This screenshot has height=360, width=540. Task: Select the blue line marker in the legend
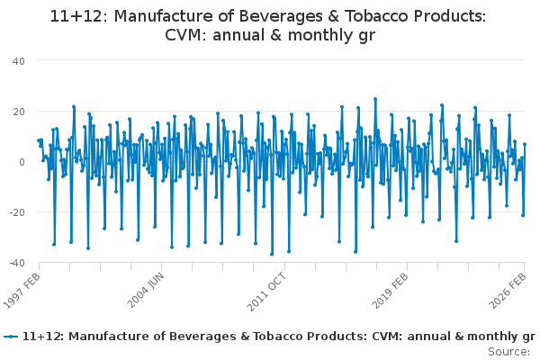[x=10, y=337]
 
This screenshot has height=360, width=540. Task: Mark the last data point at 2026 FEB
[x=525, y=145]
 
